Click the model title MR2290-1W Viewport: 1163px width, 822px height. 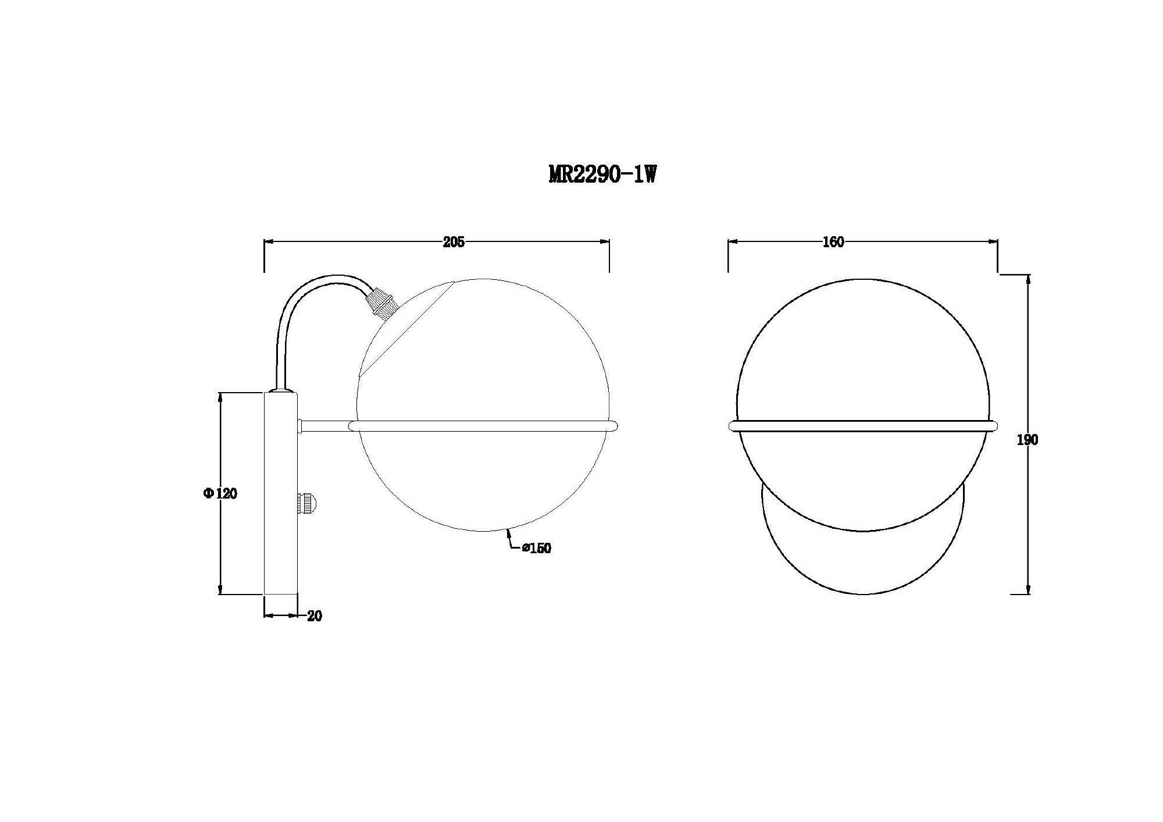point(602,174)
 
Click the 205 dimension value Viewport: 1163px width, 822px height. point(454,243)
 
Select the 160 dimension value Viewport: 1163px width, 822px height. point(833,243)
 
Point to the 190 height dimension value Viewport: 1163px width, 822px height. point(1027,440)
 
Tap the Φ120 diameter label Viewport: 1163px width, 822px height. point(220,494)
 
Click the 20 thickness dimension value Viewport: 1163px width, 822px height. point(315,616)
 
